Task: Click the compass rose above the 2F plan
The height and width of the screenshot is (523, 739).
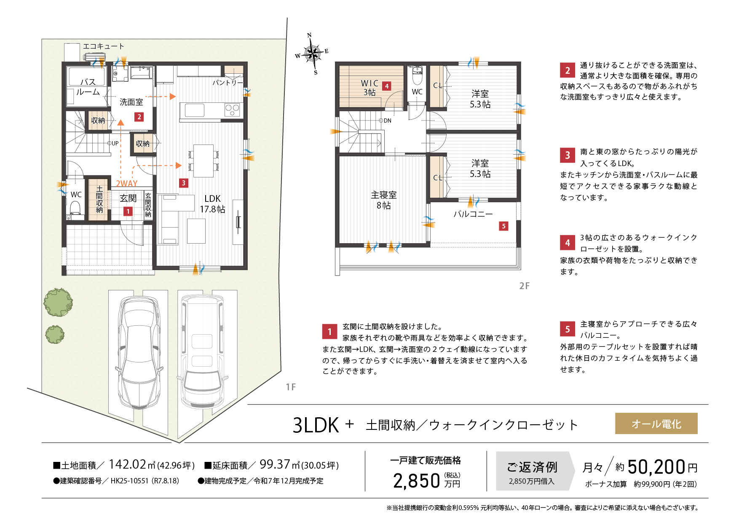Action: (312, 54)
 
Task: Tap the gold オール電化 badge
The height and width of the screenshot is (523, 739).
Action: (656, 424)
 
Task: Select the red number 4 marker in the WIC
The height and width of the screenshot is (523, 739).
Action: (386, 86)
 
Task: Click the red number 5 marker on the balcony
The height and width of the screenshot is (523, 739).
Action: (503, 226)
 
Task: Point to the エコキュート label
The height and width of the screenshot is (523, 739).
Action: (103, 46)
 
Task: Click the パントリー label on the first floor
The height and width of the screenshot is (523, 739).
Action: (227, 83)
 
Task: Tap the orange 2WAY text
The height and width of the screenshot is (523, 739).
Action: (126, 184)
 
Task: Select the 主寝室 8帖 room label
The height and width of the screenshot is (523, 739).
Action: (383, 200)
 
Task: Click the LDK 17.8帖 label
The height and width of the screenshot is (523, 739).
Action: (212, 204)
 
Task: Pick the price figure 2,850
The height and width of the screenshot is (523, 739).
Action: (416, 481)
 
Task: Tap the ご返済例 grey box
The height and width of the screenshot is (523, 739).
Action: (533, 471)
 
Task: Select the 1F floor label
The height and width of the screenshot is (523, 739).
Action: (291, 387)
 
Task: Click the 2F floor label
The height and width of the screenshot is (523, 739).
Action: (524, 286)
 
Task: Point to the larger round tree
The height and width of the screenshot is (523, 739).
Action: (58, 302)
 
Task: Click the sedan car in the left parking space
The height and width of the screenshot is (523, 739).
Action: (139, 352)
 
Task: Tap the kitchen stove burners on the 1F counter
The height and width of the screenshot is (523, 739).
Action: (232, 110)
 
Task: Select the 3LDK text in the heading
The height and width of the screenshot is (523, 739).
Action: (316, 425)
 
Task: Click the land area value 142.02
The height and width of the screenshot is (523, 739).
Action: (127, 464)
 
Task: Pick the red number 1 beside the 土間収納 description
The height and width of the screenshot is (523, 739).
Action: (329, 332)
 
